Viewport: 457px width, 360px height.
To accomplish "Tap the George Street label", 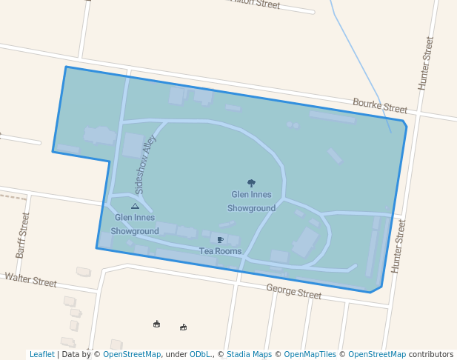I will point(293,292).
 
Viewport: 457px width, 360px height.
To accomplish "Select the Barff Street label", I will point(22,235).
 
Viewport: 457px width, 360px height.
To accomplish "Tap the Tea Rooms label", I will point(220,251).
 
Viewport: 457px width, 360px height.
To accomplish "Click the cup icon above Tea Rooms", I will point(220,239).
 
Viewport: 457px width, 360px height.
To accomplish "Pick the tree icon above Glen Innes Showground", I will point(251,182).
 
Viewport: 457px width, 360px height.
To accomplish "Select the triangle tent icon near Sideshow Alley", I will point(135,206).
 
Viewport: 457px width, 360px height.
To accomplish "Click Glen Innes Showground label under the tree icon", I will point(251,201).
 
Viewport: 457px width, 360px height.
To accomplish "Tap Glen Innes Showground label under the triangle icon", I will point(135,224).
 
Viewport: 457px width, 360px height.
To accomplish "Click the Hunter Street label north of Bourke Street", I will point(426,64).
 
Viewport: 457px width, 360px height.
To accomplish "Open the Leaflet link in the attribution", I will point(41,355).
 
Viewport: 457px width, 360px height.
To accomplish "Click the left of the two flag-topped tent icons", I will point(156,324).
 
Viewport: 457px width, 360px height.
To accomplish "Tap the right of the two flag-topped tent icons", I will point(183,327).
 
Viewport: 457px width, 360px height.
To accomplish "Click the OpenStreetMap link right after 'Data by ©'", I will point(132,355).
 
